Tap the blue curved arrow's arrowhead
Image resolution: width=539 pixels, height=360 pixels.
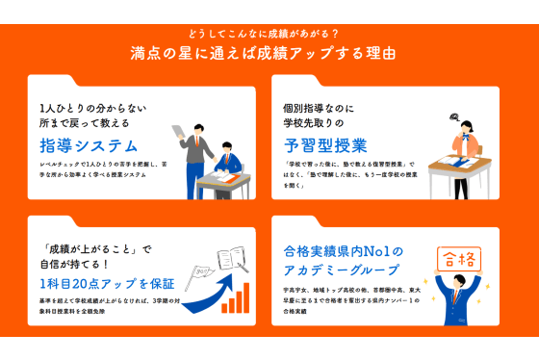point(227,279)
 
